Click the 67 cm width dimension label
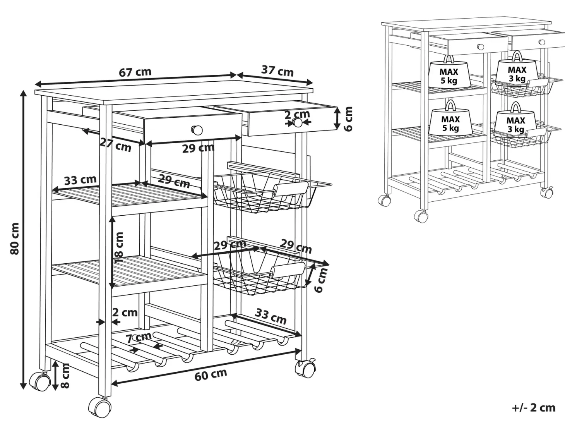135,72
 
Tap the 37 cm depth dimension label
277,71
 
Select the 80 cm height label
15,239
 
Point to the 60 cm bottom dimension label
211,374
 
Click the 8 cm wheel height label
65,375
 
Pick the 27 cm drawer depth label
116,145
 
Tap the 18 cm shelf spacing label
119,247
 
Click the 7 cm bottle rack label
139,337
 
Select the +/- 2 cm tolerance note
534,408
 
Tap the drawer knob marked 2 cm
298,122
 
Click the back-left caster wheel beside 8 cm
39,382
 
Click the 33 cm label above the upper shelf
80,180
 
